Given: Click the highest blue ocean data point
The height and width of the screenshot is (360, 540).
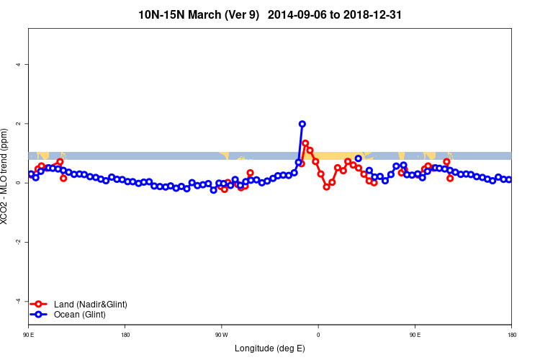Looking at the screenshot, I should tap(302, 124).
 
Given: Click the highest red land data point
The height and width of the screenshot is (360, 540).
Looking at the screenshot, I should tap(305, 143).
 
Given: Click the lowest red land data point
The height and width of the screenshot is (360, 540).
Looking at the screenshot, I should tap(326, 186).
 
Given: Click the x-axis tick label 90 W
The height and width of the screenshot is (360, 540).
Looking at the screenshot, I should tap(221, 334).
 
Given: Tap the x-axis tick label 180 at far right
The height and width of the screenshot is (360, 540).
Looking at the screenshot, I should tap(511, 334).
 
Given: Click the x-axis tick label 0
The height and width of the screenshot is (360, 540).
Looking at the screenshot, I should tap(318, 334).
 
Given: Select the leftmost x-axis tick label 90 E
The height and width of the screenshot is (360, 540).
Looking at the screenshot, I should tap(28, 334).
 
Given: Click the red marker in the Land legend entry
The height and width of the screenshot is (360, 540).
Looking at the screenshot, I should tap(40, 305).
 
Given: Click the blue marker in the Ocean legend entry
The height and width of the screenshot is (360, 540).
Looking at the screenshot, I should tap(40, 315).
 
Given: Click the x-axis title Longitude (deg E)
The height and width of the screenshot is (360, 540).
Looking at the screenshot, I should tap(270, 348).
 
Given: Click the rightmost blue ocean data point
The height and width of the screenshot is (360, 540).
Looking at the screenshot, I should tap(508, 179).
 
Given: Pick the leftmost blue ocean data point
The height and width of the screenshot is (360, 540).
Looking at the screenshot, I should tap(31, 174).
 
